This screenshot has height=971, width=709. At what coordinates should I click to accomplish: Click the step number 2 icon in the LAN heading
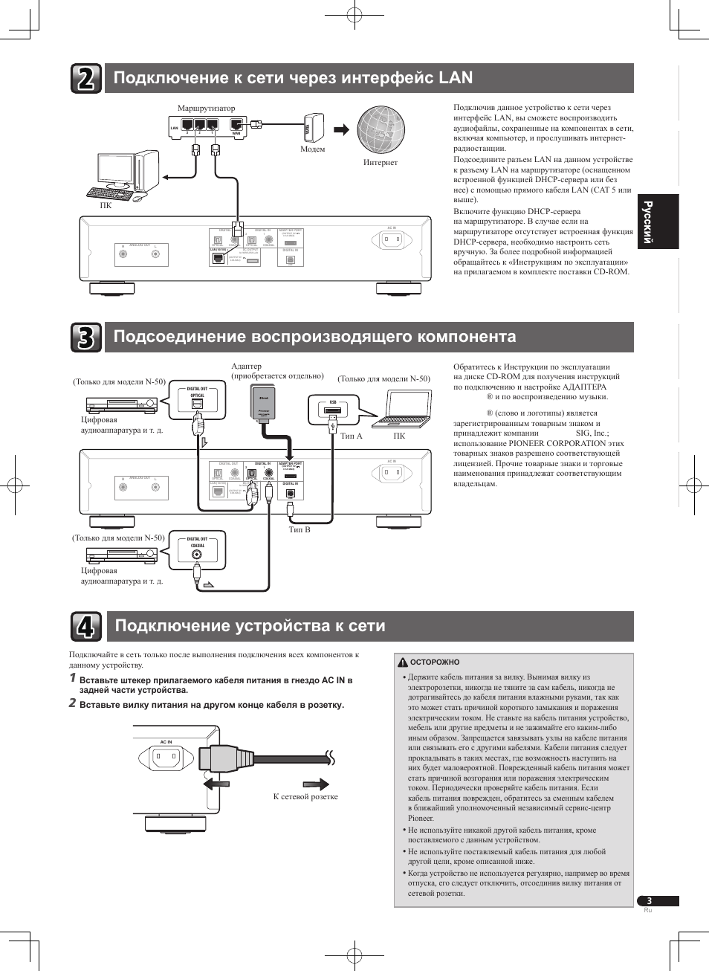pyautogui.click(x=86, y=78)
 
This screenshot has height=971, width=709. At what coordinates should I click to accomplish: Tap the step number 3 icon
pyautogui.click(x=86, y=338)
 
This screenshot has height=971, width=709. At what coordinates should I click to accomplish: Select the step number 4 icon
pyautogui.click(x=86, y=626)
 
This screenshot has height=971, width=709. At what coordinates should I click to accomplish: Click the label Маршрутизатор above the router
pyautogui.click(x=206, y=108)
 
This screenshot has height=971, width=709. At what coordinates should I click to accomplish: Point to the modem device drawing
pyautogui.click(x=314, y=127)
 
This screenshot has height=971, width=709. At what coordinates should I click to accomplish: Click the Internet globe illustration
pyautogui.click(x=380, y=129)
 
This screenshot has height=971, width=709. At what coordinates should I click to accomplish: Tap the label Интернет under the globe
pyautogui.click(x=380, y=162)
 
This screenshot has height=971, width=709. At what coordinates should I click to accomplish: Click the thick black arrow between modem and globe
pyautogui.click(x=341, y=129)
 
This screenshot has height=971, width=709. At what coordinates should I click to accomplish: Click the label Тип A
pyautogui.click(x=351, y=436)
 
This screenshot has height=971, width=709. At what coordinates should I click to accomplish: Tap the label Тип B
pyautogui.click(x=300, y=529)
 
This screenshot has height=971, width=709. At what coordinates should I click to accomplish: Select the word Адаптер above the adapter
pyautogui.click(x=246, y=366)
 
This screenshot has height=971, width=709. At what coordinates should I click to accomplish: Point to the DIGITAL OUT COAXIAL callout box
pyautogui.click(x=197, y=550)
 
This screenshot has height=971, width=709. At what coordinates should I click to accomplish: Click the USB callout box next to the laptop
pyautogui.click(x=333, y=408)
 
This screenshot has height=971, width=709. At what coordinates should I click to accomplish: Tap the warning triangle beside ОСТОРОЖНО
pyautogui.click(x=402, y=662)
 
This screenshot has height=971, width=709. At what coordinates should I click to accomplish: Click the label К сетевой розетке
pyautogui.click(x=305, y=796)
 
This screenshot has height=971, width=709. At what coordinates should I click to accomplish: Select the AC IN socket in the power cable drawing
pyautogui.click(x=166, y=758)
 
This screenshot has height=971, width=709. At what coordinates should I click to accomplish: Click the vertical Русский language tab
pyautogui.click(x=658, y=222)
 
